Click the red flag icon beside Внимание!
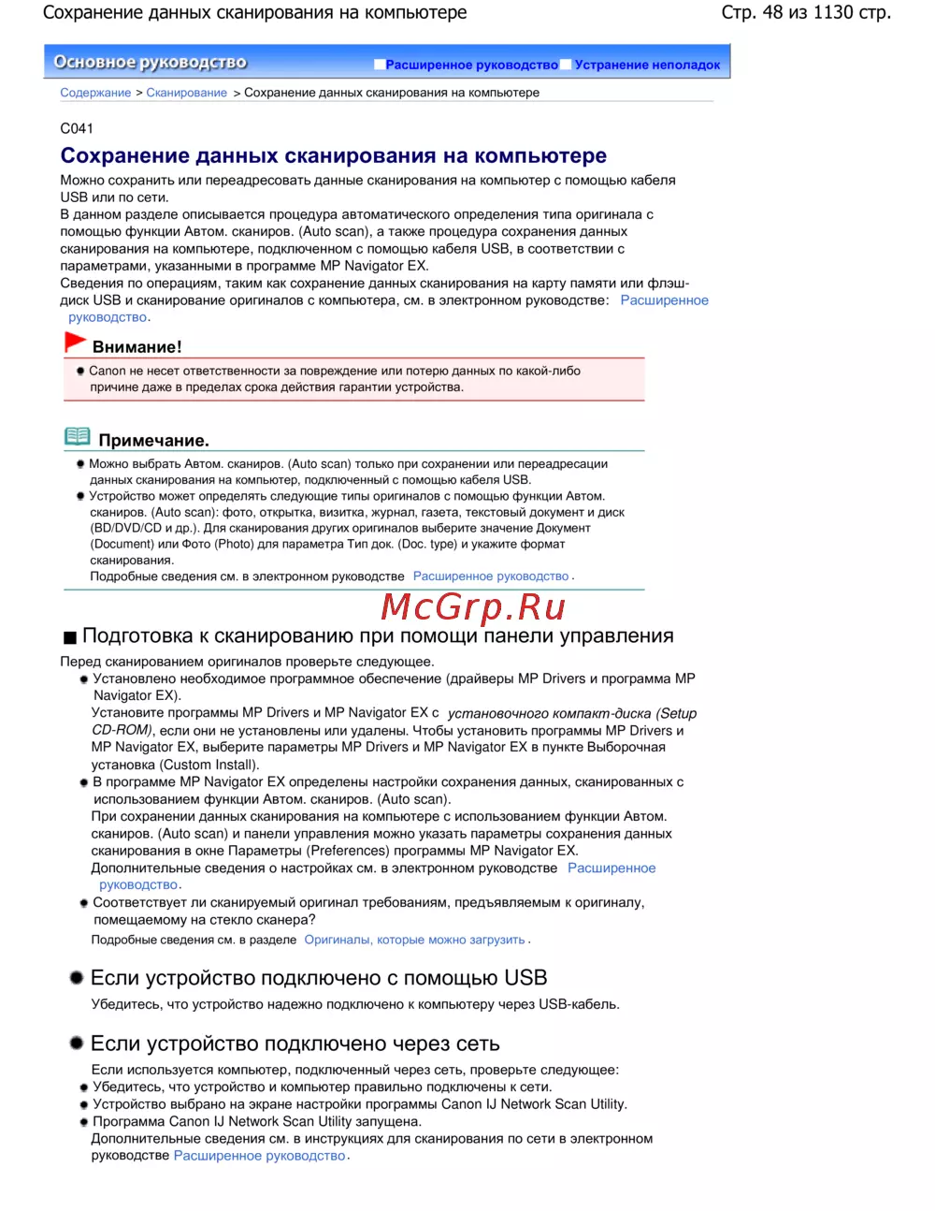(75, 343)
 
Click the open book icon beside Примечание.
(78, 437)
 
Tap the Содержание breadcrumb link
(95, 93)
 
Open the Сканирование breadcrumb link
(186, 93)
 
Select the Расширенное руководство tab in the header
(471, 65)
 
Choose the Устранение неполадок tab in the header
(647, 65)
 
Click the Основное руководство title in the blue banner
(151, 62)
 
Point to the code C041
(77, 128)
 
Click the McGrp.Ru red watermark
(473, 607)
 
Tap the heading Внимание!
(137, 347)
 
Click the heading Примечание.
(153, 441)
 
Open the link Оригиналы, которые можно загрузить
(414, 940)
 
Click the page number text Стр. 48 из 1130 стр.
(805, 12)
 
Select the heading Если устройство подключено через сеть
(295, 1043)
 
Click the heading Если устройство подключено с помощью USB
(318, 978)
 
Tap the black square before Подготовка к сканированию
(69, 638)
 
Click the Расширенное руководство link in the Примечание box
(491, 576)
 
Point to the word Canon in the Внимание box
(107, 371)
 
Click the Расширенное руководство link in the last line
(259, 1156)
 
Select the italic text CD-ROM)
(122, 730)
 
